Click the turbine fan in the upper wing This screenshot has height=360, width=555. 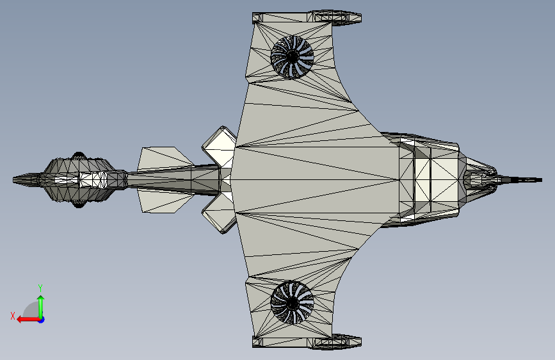(293, 56)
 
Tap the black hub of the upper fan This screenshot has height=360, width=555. (292, 56)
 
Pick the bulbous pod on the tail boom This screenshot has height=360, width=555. (80, 180)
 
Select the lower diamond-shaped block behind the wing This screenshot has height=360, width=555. (220, 215)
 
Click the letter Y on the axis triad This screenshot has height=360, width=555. (40, 288)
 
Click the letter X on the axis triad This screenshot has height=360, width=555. (12, 316)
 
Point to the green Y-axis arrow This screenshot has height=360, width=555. (41, 304)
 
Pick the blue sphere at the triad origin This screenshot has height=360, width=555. (41, 319)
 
